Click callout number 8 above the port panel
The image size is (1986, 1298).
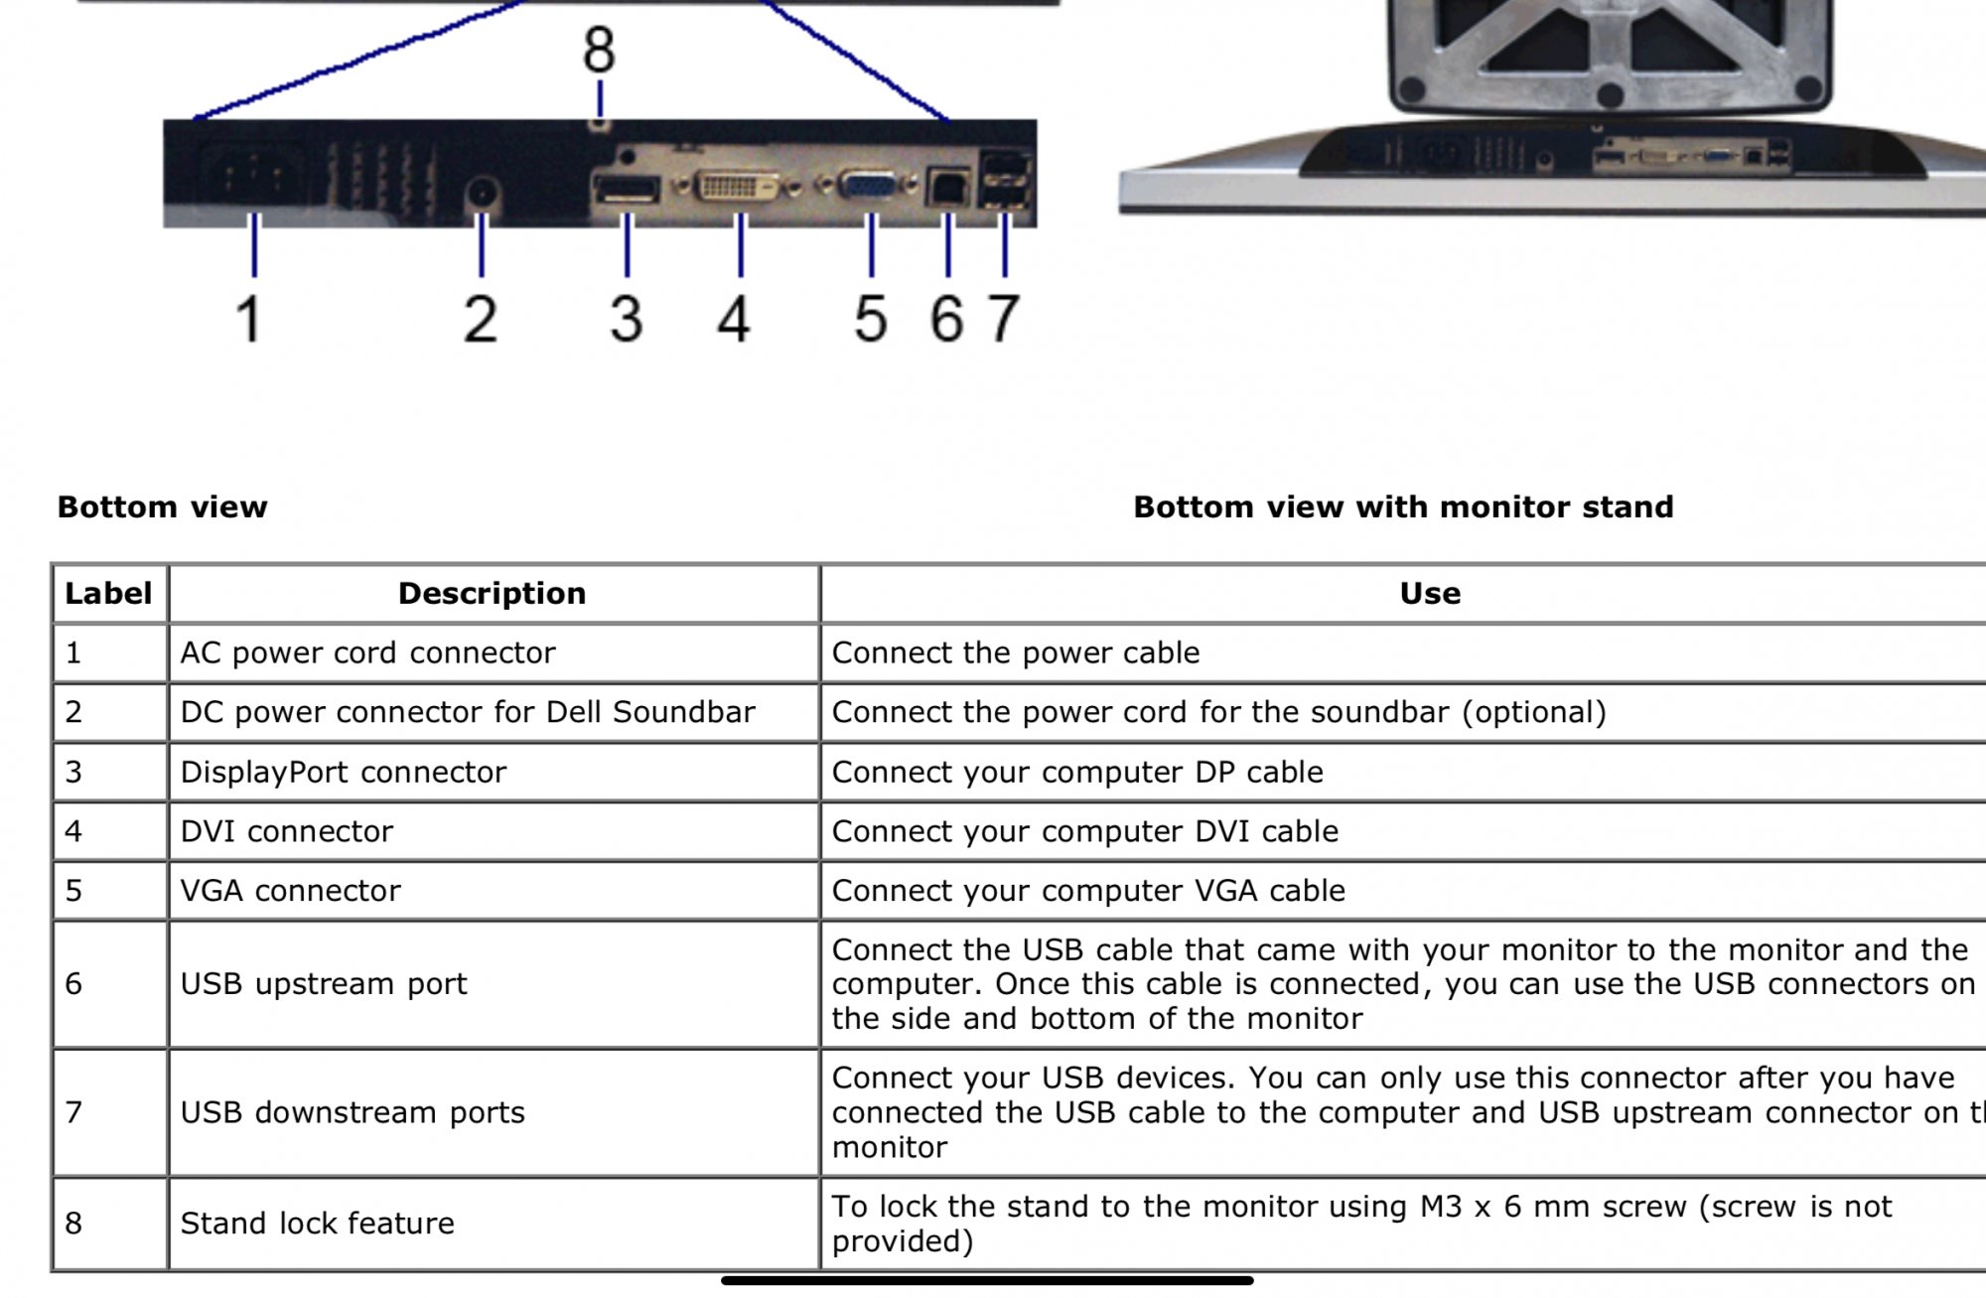[x=599, y=50]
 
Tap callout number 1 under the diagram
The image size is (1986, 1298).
[x=248, y=319]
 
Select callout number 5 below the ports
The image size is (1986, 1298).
[x=870, y=319]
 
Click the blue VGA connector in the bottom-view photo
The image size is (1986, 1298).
[x=867, y=185]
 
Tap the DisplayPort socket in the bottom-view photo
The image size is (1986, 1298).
[x=626, y=188]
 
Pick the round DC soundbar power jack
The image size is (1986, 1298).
[x=483, y=193]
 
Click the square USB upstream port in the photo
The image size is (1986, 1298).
[x=946, y=187]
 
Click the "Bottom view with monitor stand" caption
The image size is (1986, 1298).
[x=1402, y=507]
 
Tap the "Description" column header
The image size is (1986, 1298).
[x=492, y=594]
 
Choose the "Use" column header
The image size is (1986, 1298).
[x=1429, y=594]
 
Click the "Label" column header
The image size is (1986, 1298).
[x=108, y=594]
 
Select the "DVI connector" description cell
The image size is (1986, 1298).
[x=287, y=831]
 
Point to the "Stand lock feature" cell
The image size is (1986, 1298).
[x=317, y=1224]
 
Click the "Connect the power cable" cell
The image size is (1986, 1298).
[x=1015, y=653]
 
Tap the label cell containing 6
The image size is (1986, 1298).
[x=74, y=984]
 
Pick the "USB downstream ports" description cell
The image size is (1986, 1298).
[x=353, y=1112]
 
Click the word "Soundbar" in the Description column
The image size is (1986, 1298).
[x=683, y=712]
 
